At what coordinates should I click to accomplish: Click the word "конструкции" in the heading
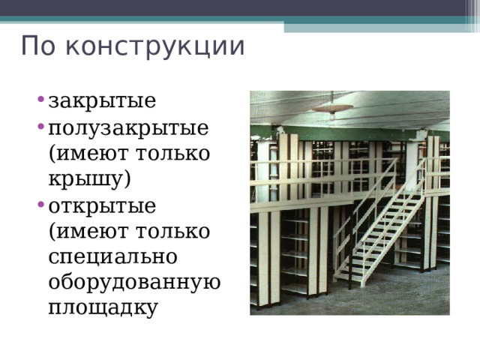(x=154, y=46)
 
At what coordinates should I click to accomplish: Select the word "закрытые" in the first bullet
(x=101, y=100)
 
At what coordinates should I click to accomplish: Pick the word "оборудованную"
(x=133, y=281)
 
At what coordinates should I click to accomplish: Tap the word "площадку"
(x=103, y=307)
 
